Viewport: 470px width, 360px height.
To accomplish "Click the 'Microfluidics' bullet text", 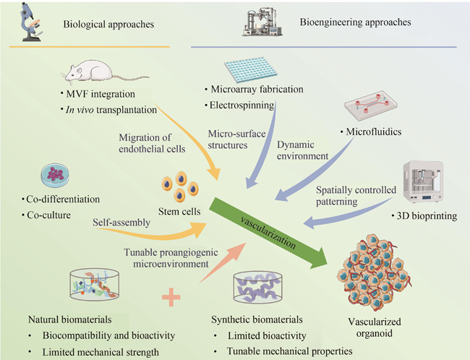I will pyautogui.click(x=376, y=133).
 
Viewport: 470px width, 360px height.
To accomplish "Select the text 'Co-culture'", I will pyautogui.click(x=55, y=215).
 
